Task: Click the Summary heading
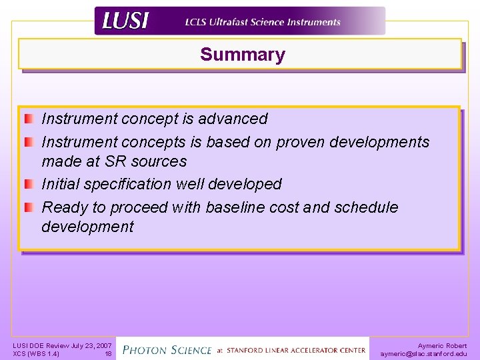pos(242,55)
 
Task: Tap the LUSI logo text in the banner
pos(125,21)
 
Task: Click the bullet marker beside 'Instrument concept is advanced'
pos(28,119)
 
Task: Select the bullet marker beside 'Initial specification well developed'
pos(28,184)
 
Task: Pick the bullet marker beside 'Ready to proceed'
pos(28,208)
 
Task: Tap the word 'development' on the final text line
pos(87,227)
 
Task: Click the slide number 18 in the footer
pos(108,354)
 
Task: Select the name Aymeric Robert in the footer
pos(442,345)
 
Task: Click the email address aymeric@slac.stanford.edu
pos(423,354)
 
